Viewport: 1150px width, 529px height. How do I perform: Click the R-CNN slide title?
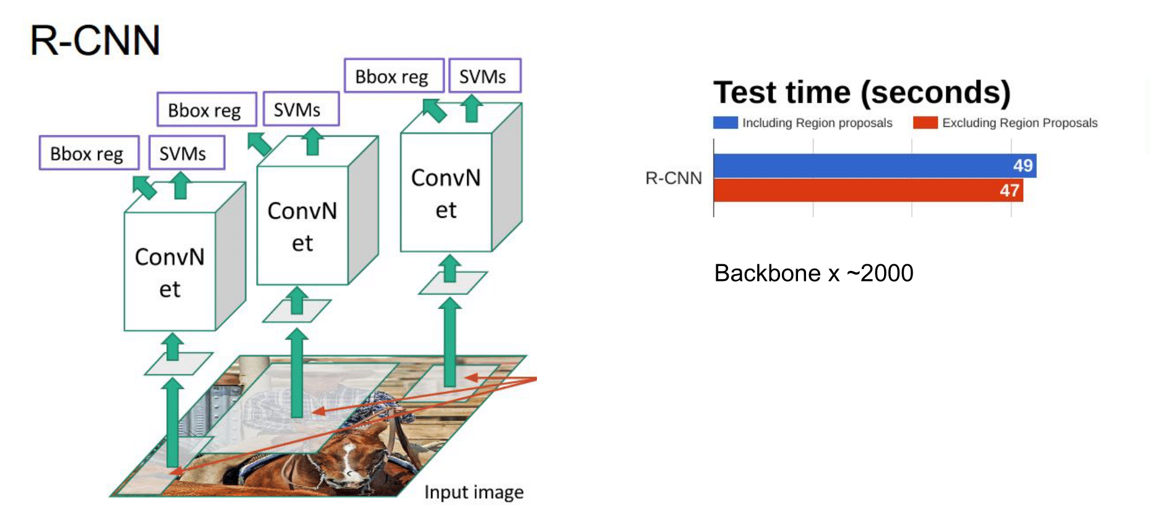[x=95, y=40]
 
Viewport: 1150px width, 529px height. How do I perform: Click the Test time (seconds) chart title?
[x=862, y=92]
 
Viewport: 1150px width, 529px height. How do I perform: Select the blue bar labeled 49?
[x=866, y=166]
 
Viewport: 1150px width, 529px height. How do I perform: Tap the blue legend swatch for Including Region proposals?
[x=725, y=123]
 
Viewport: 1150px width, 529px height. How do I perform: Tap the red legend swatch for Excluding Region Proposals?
[x=925, y=123]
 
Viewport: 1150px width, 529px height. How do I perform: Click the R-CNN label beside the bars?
[x=673, y=178]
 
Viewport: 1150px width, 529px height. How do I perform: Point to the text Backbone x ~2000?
[x=813, y=273]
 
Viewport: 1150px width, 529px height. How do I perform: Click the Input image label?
[x=474, y=492]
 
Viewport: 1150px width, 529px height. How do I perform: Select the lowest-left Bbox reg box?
[x=88, y=153]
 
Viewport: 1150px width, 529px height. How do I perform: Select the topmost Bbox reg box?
[x=393, y=75]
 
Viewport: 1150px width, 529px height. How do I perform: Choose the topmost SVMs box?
[x=484, y=75]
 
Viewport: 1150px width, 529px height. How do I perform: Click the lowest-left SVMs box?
[x=186, y=153]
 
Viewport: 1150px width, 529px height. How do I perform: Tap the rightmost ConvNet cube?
[x=446, y=192]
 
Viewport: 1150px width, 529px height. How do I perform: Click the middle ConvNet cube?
[x=303, y=225]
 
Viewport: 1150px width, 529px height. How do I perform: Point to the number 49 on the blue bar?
[x=1023, y=166]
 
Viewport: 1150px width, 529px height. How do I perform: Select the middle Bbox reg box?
[x=207, y=110]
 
